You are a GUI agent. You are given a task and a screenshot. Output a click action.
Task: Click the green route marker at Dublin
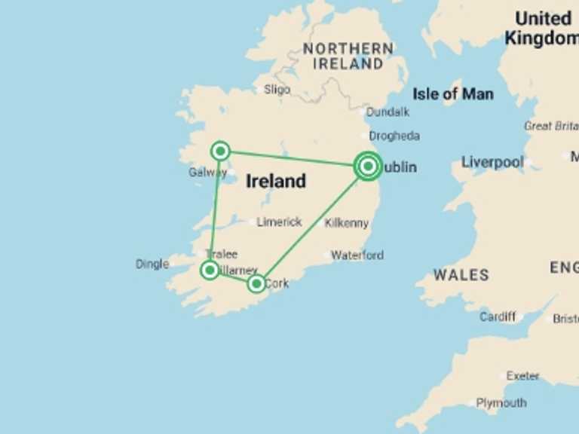pos(368,166)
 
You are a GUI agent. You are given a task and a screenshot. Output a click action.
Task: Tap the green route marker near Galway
pos(220,151)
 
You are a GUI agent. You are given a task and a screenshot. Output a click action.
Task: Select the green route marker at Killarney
pos(210,270)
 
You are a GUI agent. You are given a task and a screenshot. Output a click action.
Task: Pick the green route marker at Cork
pos(256,283)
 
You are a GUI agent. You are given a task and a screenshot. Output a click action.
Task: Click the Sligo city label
pos(277,90)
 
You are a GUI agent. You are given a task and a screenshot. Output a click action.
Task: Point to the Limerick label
pos(279,222)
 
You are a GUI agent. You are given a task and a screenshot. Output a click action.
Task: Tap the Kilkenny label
pos(346,223)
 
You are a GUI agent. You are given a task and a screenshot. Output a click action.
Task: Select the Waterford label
pos(357,255)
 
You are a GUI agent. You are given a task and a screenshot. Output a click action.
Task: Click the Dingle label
pos(152,264)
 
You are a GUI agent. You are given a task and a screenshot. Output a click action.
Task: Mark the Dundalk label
pos(388,112)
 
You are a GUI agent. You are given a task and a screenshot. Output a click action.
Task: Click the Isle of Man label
pos(453,94)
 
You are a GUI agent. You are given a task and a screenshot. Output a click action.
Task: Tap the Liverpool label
pos(492,162)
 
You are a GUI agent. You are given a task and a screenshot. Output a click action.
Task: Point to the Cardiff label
pos(498,316)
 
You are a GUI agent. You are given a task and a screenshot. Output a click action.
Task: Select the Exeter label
pos(522,375)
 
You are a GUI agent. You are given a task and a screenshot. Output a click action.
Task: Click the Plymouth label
pos(501,403)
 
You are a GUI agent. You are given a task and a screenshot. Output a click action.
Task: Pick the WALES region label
pos(461,275)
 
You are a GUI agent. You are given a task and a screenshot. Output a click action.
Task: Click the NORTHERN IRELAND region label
pos(348,57)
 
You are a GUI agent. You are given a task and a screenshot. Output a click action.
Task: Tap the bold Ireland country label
pos(276,181)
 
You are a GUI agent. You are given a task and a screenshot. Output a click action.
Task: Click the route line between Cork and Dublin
pos(311,226)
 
